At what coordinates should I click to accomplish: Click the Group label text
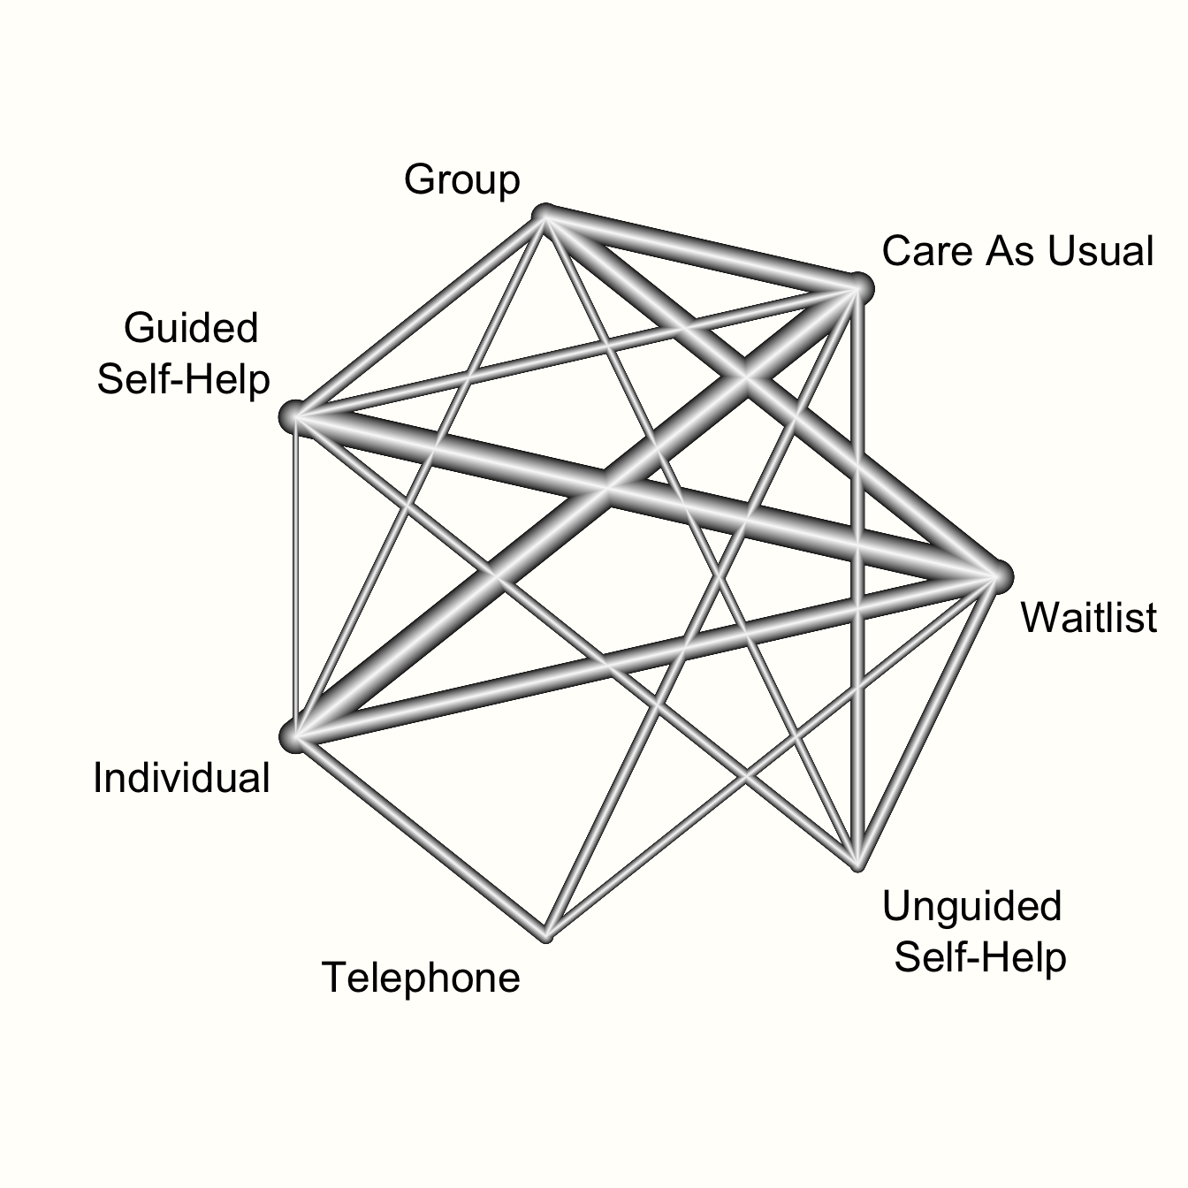pos(461,179)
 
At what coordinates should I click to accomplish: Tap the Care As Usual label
pos(1017,251)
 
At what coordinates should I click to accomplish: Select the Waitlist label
pos(1089,617)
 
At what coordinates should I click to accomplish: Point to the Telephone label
pos(421,978)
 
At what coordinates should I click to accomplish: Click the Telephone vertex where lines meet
pos(545,936)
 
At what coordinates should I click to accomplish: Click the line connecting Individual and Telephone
pos(420,836)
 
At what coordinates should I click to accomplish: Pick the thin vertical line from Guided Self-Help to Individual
pos(294,576)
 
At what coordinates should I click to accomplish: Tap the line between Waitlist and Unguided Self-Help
pos(927,720)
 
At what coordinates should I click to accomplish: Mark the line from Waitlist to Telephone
pos(772,757)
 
